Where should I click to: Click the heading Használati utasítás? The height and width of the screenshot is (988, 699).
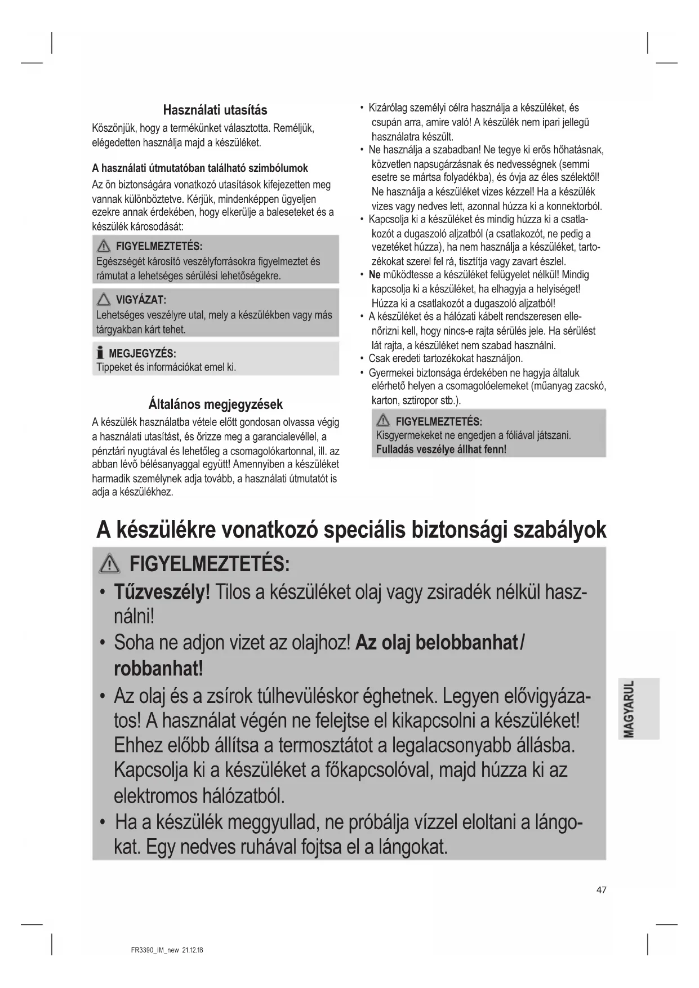(x=215, y=110)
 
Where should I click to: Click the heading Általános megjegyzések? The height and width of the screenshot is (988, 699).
(x=215, y=404)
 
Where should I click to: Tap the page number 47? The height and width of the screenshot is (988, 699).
(x=602, y=890)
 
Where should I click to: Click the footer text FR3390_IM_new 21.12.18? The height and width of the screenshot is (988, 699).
(x=163, y=950)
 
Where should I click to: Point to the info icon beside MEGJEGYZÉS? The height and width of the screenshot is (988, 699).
(x=100, y=353)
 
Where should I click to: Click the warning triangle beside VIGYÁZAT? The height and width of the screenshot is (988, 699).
(x=103, y=300)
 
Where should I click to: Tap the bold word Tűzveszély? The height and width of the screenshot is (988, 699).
(x=162, y=592)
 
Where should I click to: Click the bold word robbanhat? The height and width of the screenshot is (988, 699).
(x=158, y=669)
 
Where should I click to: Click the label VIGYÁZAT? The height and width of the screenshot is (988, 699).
(x=141, y=300)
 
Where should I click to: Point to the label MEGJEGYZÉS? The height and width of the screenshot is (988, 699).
(x=143, y=354)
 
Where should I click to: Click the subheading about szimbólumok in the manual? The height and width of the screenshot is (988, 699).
(x=200, y=168)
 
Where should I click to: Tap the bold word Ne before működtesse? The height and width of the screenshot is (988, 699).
(x=375, y=275)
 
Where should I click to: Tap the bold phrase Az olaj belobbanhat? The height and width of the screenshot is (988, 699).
(x=437, y=642)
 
